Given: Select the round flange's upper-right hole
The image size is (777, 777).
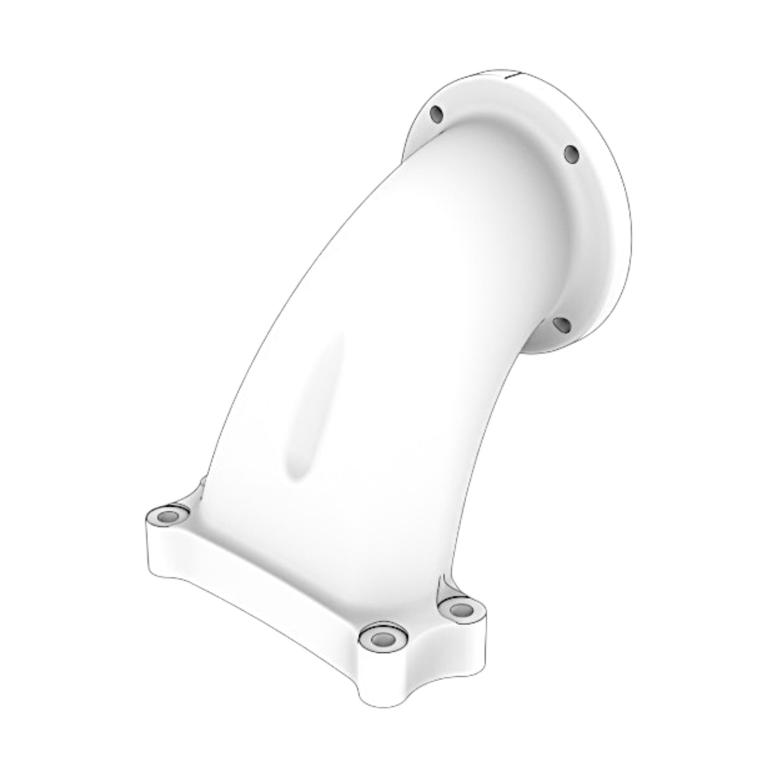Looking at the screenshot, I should pyautogui.click(x=571, y=154).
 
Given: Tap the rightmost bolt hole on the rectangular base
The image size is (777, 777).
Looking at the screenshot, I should pyautogui.click(x=458, y=610).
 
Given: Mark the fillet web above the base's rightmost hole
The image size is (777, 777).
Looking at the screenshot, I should pyautogui.click(x=446, y=586).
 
